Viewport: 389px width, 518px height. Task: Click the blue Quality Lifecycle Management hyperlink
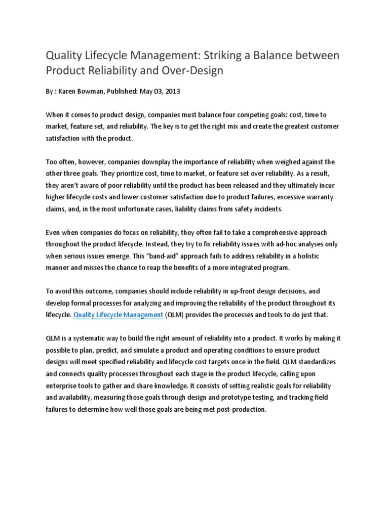[x=119, y=315]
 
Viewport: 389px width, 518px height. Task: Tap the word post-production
[x=240, y=409]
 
